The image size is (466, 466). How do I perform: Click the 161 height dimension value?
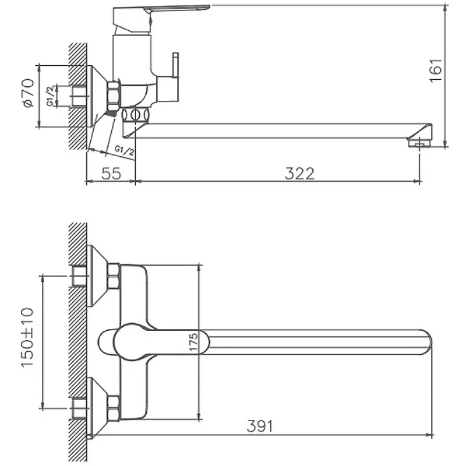(436, 70)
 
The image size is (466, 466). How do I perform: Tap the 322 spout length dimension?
(299, 174)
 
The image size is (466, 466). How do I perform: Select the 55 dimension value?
(111, 174)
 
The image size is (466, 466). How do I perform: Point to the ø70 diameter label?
(28, 93)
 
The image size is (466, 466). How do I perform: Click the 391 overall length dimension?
(259, 426)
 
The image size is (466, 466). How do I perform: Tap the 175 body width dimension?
(193, 342)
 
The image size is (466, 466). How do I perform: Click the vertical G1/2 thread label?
(51, 96)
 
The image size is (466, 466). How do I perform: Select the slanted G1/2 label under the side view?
(125, 150)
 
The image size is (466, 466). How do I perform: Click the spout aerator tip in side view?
(419, 143)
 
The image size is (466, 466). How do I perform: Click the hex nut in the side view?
(114, 96)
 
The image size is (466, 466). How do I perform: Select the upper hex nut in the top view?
(114, 276)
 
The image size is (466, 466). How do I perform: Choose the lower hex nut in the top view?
(114, 408)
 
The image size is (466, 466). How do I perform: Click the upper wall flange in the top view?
(97, 276)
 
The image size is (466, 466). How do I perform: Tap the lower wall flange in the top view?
(97, 408)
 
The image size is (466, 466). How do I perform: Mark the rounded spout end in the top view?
(426, 342)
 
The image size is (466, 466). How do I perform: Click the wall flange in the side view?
(97, 96)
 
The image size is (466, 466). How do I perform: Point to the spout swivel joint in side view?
(135, 115)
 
